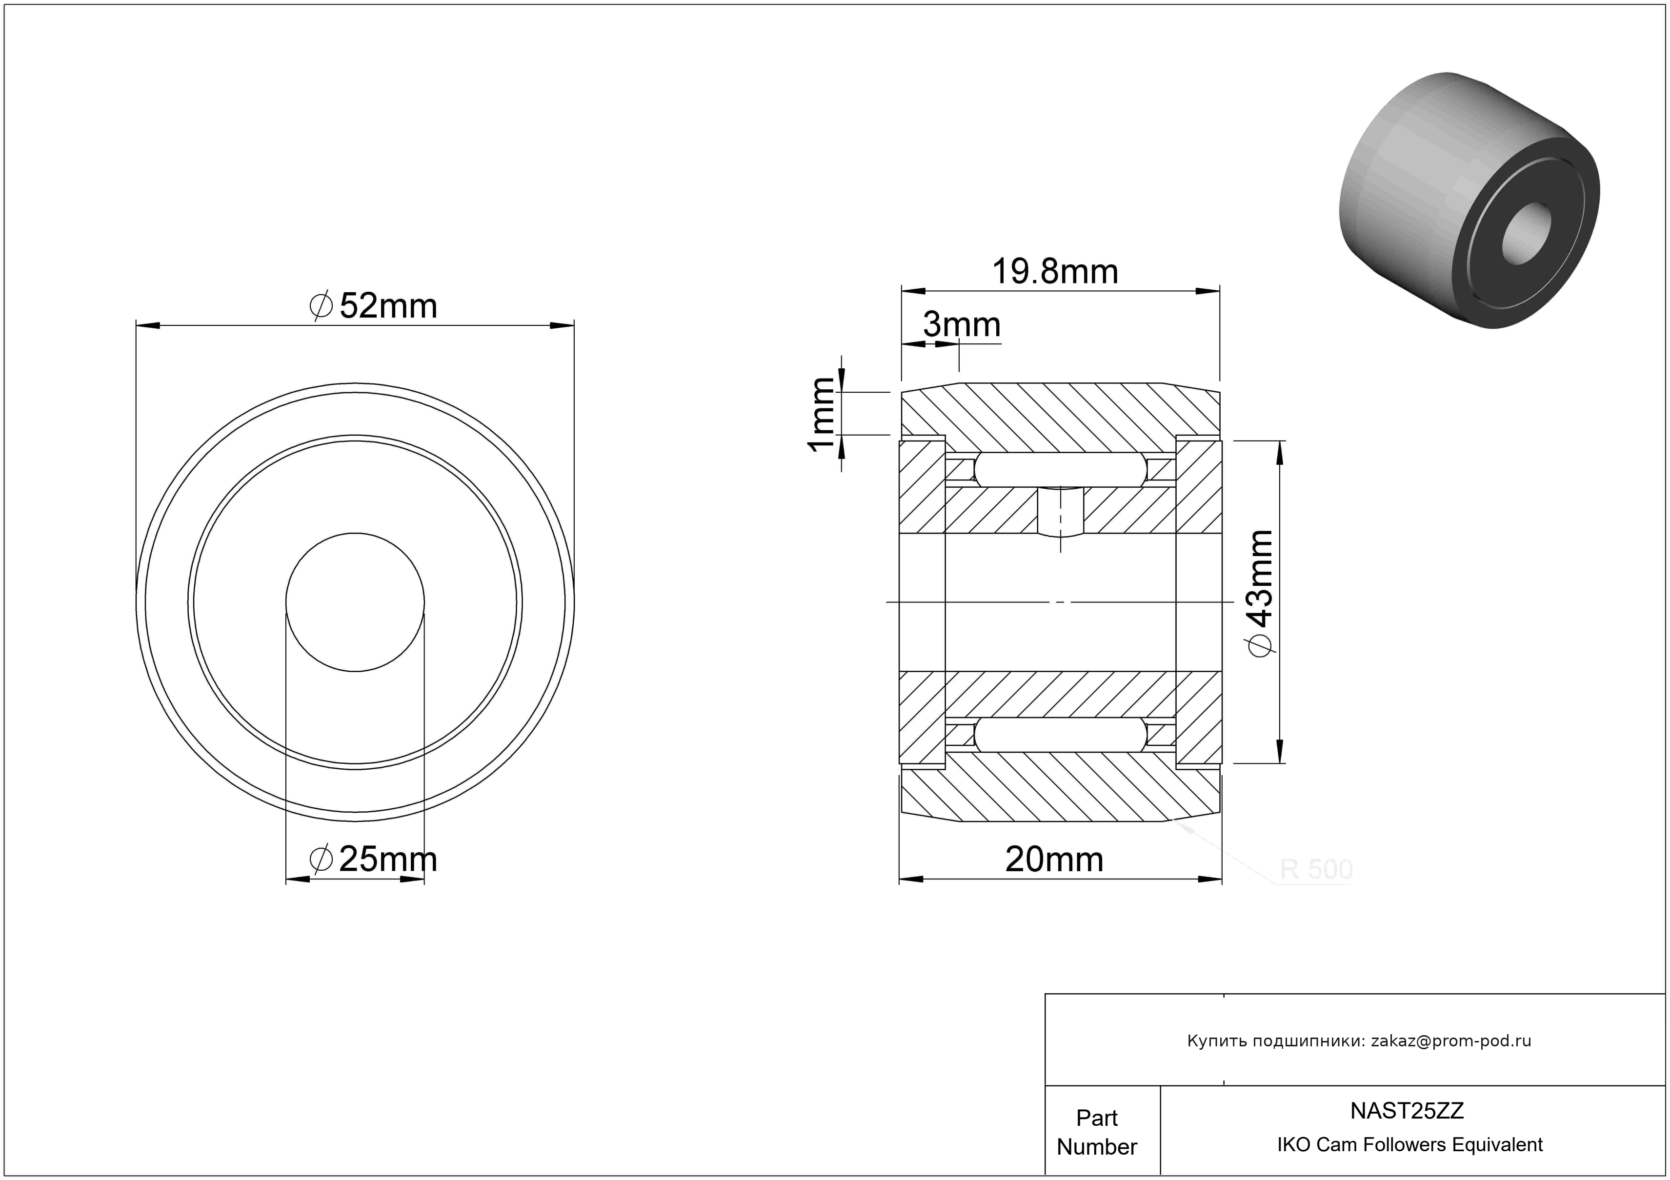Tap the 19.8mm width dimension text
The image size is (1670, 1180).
1055,272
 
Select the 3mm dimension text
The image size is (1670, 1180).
962,325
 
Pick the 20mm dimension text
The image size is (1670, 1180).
1054,860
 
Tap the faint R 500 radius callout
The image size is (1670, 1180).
1316,870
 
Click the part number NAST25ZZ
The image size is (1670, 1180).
1407,1111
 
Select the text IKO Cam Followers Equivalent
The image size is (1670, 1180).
1409,1145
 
